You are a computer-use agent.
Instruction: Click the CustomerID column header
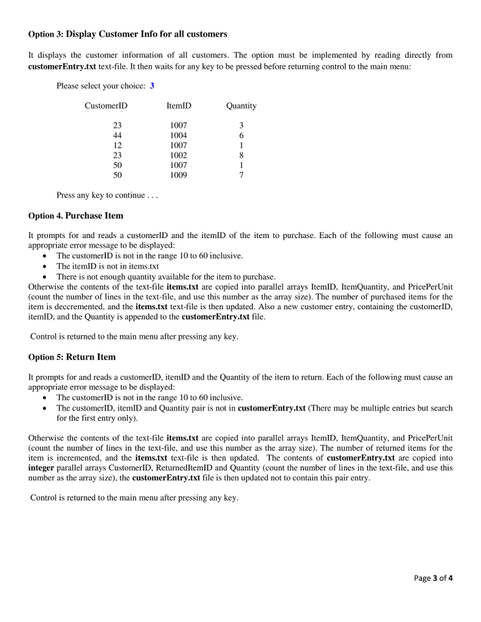(106, 106)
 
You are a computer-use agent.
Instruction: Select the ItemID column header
(178, 106)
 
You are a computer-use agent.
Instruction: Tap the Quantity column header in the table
(241, 106)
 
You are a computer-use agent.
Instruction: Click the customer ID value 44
(117, 135)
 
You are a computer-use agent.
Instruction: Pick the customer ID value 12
(117, 145)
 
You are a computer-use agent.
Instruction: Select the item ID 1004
(178, 135)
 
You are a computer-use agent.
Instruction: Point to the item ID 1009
(178, 175)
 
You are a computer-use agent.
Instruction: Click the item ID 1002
(178, 155)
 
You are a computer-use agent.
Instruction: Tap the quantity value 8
(241, 155)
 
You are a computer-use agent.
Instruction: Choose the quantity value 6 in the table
(241, 135)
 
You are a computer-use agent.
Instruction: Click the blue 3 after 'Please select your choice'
(152, 86)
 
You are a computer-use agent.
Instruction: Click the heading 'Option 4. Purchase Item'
(76, 216)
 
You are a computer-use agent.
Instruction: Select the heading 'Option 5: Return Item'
(72, 357)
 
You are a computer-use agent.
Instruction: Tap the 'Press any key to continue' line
(106, 195)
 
